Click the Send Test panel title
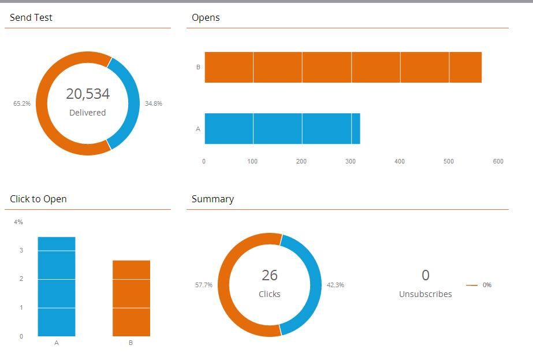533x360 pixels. tap(31, 18)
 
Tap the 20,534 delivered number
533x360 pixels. tap(88, 94)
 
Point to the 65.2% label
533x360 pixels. tap(22, 104)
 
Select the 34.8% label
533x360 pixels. tap(154, 104)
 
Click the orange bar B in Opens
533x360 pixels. tap(343, 67)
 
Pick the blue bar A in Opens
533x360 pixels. tap(282, 128)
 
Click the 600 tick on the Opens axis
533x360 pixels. tap(498, 162)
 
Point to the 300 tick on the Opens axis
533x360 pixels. tap(351, 162)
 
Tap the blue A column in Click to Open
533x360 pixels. tap(57, 287)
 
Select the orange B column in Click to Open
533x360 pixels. tap(131, 298)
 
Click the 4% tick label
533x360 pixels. tap(18, 222)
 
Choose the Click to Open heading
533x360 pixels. tap(38, 199)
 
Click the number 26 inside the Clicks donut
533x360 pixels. tap(270, 276)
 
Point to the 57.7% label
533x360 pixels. tap(204, 285)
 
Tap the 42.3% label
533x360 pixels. tap(336, 285)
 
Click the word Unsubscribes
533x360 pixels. tap(426, 294)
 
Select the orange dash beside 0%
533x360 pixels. tap(472, 285)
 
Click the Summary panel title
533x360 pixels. tap(213, 199)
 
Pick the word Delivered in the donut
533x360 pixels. tap(88, 113)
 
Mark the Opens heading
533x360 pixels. tap(206, 18)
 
